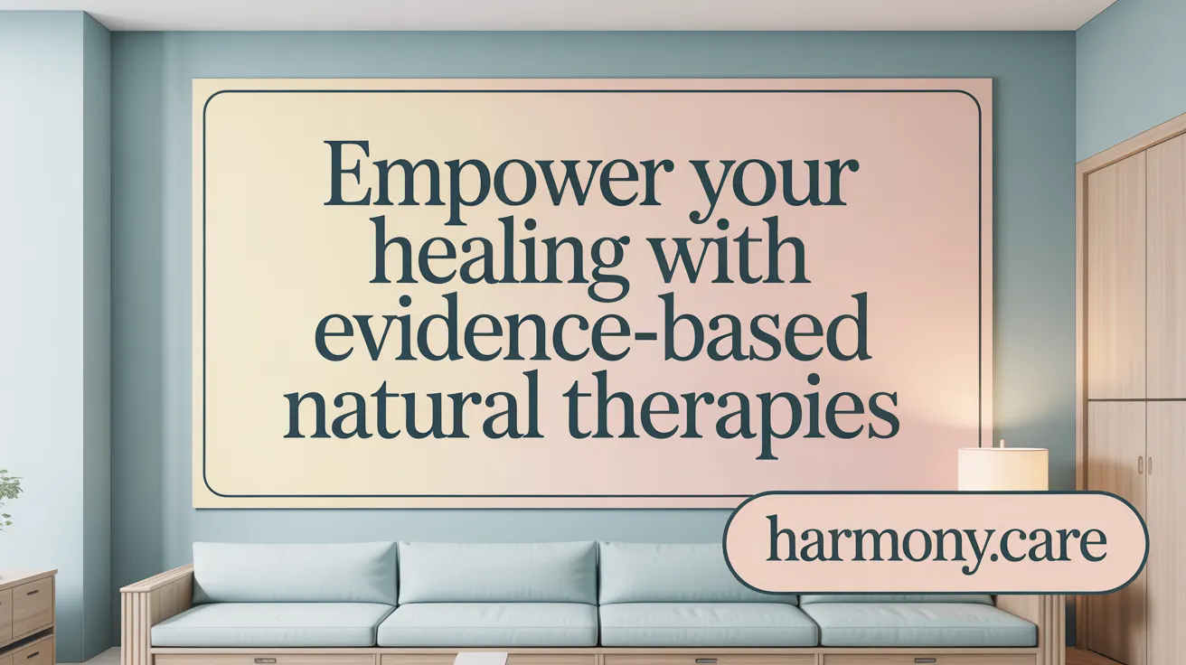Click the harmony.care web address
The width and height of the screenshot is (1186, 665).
click(x=936, y=542)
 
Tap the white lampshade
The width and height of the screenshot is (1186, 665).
click(x=1002, y=468)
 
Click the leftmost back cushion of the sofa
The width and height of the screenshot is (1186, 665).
click(x=295, y=571)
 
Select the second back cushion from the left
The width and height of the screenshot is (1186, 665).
click(x=496, y=572)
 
